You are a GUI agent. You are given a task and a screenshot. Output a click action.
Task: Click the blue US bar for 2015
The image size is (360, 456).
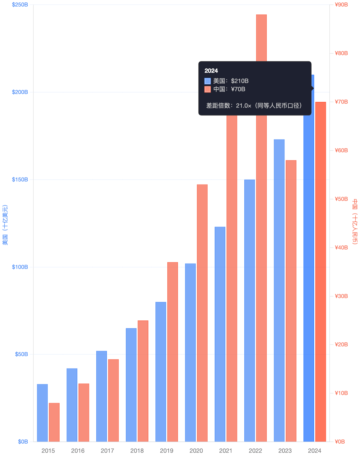[x=42, y=413]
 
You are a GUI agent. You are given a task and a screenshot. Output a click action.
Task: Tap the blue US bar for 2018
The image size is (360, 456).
[x=131, y=385]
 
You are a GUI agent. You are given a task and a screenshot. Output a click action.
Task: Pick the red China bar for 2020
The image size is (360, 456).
[x=202, y=313]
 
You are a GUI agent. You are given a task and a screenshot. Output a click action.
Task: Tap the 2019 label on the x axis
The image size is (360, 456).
[x=167, y=451]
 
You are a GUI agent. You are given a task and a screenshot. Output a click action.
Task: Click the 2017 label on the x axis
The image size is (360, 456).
[x=107, y=451]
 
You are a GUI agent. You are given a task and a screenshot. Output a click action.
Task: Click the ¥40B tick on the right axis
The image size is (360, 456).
[x=341, y=247]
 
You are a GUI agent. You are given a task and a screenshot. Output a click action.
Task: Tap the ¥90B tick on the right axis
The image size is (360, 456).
[x=341, y=5]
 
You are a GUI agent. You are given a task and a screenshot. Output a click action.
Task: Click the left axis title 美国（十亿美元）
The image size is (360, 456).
[x=5, y=225]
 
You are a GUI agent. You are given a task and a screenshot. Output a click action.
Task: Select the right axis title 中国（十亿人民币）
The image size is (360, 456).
[x=355, y=222]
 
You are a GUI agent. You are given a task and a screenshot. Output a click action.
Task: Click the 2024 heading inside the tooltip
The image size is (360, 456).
[x=211, y=71]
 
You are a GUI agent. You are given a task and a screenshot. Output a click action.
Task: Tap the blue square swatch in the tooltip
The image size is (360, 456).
[x=208, y=81]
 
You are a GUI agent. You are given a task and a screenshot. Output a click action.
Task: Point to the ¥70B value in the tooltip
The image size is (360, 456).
[x=238, y=89]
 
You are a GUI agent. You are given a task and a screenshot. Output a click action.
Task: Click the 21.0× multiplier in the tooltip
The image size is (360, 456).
[x=244, y=106]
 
